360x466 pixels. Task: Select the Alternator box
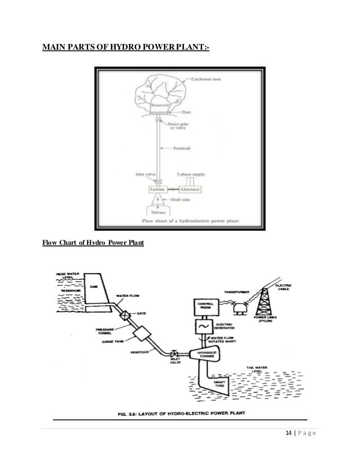click(192, 190)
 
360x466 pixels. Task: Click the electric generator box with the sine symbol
click(204, 327)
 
